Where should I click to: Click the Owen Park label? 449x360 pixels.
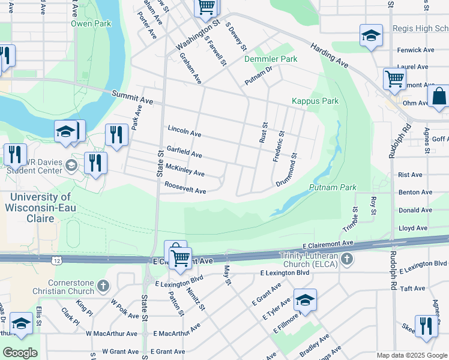click(91, 24)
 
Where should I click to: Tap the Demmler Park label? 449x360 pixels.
click(271, 59)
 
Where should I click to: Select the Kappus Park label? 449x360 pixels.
click(315, 101)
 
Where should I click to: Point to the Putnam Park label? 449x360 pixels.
click(333, 188)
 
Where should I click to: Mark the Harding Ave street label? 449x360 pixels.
click(330, 55)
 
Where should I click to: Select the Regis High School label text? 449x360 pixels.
click(420, 28)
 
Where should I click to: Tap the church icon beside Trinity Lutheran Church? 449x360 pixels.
click(346, 260)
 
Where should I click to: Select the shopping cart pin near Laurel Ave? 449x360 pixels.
click(394, 77)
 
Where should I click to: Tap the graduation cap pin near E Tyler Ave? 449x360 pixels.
click(305, 299)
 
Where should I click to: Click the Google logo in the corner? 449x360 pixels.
click(20, 353)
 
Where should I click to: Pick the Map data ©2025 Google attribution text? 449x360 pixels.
click(411, 355)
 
